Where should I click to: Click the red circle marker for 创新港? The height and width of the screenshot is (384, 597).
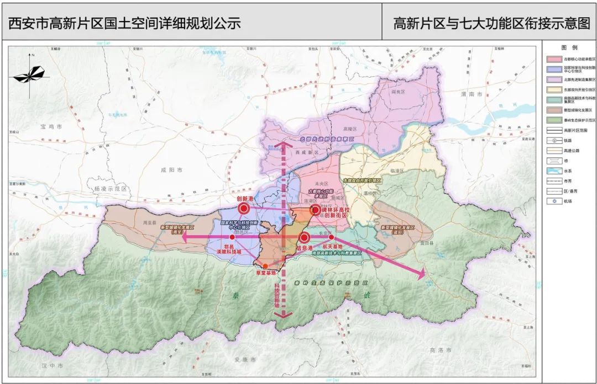[x=244, y=209]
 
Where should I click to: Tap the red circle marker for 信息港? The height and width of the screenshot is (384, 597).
[x=304, y=238]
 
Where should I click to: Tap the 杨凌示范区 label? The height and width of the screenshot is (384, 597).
[x=111, y=189]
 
